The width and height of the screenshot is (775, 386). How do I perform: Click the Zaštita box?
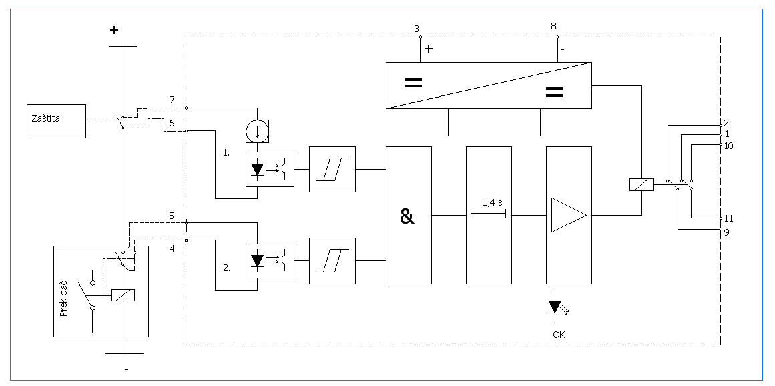click(56, 121)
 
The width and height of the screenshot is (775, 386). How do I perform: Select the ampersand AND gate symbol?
click(407, 216)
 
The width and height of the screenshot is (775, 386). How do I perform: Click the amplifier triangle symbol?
click(569, 215)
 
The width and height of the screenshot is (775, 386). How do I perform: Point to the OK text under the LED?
click(559, 335)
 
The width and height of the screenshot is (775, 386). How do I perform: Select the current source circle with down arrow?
click(257, 130)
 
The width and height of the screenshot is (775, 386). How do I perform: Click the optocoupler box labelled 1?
click(270, 170)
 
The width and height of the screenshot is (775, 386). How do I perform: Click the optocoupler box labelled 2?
click(270, 262)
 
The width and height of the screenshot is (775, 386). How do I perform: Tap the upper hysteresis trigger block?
click(332, 169)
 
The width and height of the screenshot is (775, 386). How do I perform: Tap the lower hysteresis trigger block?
click(332, 261)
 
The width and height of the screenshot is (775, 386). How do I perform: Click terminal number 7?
click(172, 100)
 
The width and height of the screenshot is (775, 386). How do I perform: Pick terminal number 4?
click(172, 248)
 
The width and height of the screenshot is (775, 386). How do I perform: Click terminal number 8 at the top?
click(553, 25)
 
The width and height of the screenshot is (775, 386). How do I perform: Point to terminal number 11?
click(728, 219)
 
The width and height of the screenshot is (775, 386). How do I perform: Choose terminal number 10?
click(729, 146)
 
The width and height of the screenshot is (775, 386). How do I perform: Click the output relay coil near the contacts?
click(641, 185)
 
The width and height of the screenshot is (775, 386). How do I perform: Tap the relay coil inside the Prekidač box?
click(123, 295)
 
